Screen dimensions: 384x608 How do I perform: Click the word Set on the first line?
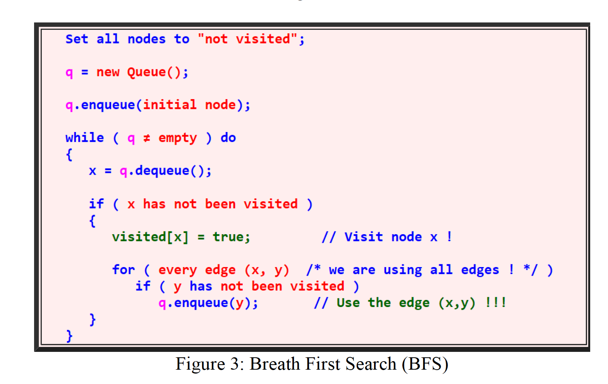[x=77, y=39]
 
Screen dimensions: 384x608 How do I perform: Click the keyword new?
[x=108, y=72]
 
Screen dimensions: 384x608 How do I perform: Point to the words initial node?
[x=189, y=105]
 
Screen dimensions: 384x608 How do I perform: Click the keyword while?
[x=85, y=138]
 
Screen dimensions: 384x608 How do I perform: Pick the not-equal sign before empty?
[x=147, y=138]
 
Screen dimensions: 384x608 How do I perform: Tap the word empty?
[x=178, y=138]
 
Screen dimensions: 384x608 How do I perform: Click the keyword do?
[x=228, y=138]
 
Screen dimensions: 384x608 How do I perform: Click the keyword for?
[x=124, y=270]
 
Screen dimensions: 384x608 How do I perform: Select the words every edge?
[x=197, y=270]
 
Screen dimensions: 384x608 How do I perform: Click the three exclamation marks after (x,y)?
[x=496, y=302]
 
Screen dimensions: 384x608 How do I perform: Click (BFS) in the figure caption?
[x=425, y=364]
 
